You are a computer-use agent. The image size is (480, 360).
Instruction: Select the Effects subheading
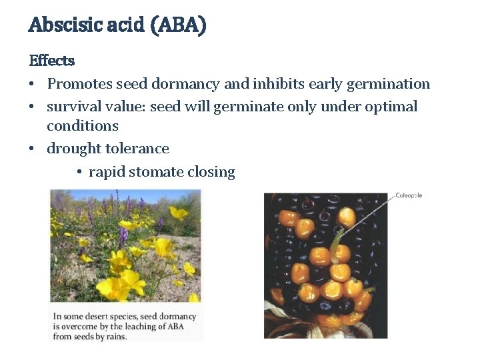point(51,61)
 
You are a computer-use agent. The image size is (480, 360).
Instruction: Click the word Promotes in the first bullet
point(79,84)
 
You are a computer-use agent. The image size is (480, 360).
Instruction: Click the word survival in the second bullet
point(73,107)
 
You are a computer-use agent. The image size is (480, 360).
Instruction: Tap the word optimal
point(390,107)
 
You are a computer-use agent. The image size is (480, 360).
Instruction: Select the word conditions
point(83,126)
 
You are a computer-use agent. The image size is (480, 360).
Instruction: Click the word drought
point(73,149)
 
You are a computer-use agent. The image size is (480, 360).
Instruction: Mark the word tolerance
point(137,149)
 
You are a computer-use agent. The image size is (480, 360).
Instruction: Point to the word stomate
point(156,172)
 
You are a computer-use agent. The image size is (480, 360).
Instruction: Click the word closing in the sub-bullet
point(211,172)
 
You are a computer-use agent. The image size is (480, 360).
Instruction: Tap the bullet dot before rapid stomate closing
point(79,173)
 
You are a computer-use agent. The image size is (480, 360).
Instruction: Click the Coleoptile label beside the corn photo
point(409,195)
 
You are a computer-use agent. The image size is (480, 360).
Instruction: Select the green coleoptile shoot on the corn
point(337,239)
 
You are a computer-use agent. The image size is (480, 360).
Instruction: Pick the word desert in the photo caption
point(103,316)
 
